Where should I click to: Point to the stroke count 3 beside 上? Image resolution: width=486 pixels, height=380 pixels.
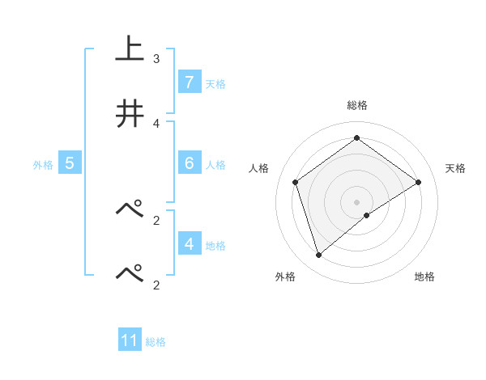156,59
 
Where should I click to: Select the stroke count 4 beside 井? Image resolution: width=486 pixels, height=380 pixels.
156,123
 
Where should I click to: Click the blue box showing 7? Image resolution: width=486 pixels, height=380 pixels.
189,82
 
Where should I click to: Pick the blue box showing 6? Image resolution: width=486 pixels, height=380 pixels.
189,163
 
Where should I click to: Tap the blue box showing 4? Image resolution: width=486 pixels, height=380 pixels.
189,244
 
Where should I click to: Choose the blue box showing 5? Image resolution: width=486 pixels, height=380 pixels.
70,163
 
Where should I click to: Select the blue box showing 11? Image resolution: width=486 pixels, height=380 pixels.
130,340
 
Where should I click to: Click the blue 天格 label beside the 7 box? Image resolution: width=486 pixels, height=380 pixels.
215,83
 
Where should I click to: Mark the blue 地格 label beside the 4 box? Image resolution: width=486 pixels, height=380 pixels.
215,245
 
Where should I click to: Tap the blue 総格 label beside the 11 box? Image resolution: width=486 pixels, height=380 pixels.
156,341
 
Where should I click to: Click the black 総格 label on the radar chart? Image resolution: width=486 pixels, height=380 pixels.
357,105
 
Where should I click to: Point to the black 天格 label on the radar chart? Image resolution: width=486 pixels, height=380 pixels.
455,168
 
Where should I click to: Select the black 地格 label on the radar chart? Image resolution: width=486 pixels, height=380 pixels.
424,277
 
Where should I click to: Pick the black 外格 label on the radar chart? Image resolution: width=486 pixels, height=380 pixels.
285,277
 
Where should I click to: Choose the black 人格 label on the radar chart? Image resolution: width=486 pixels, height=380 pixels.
259,168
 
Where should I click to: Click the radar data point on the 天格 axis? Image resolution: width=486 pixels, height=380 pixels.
419,182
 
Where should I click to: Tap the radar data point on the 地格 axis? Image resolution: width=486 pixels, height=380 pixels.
367,215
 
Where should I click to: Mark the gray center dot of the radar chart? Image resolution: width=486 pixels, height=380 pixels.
357,201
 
